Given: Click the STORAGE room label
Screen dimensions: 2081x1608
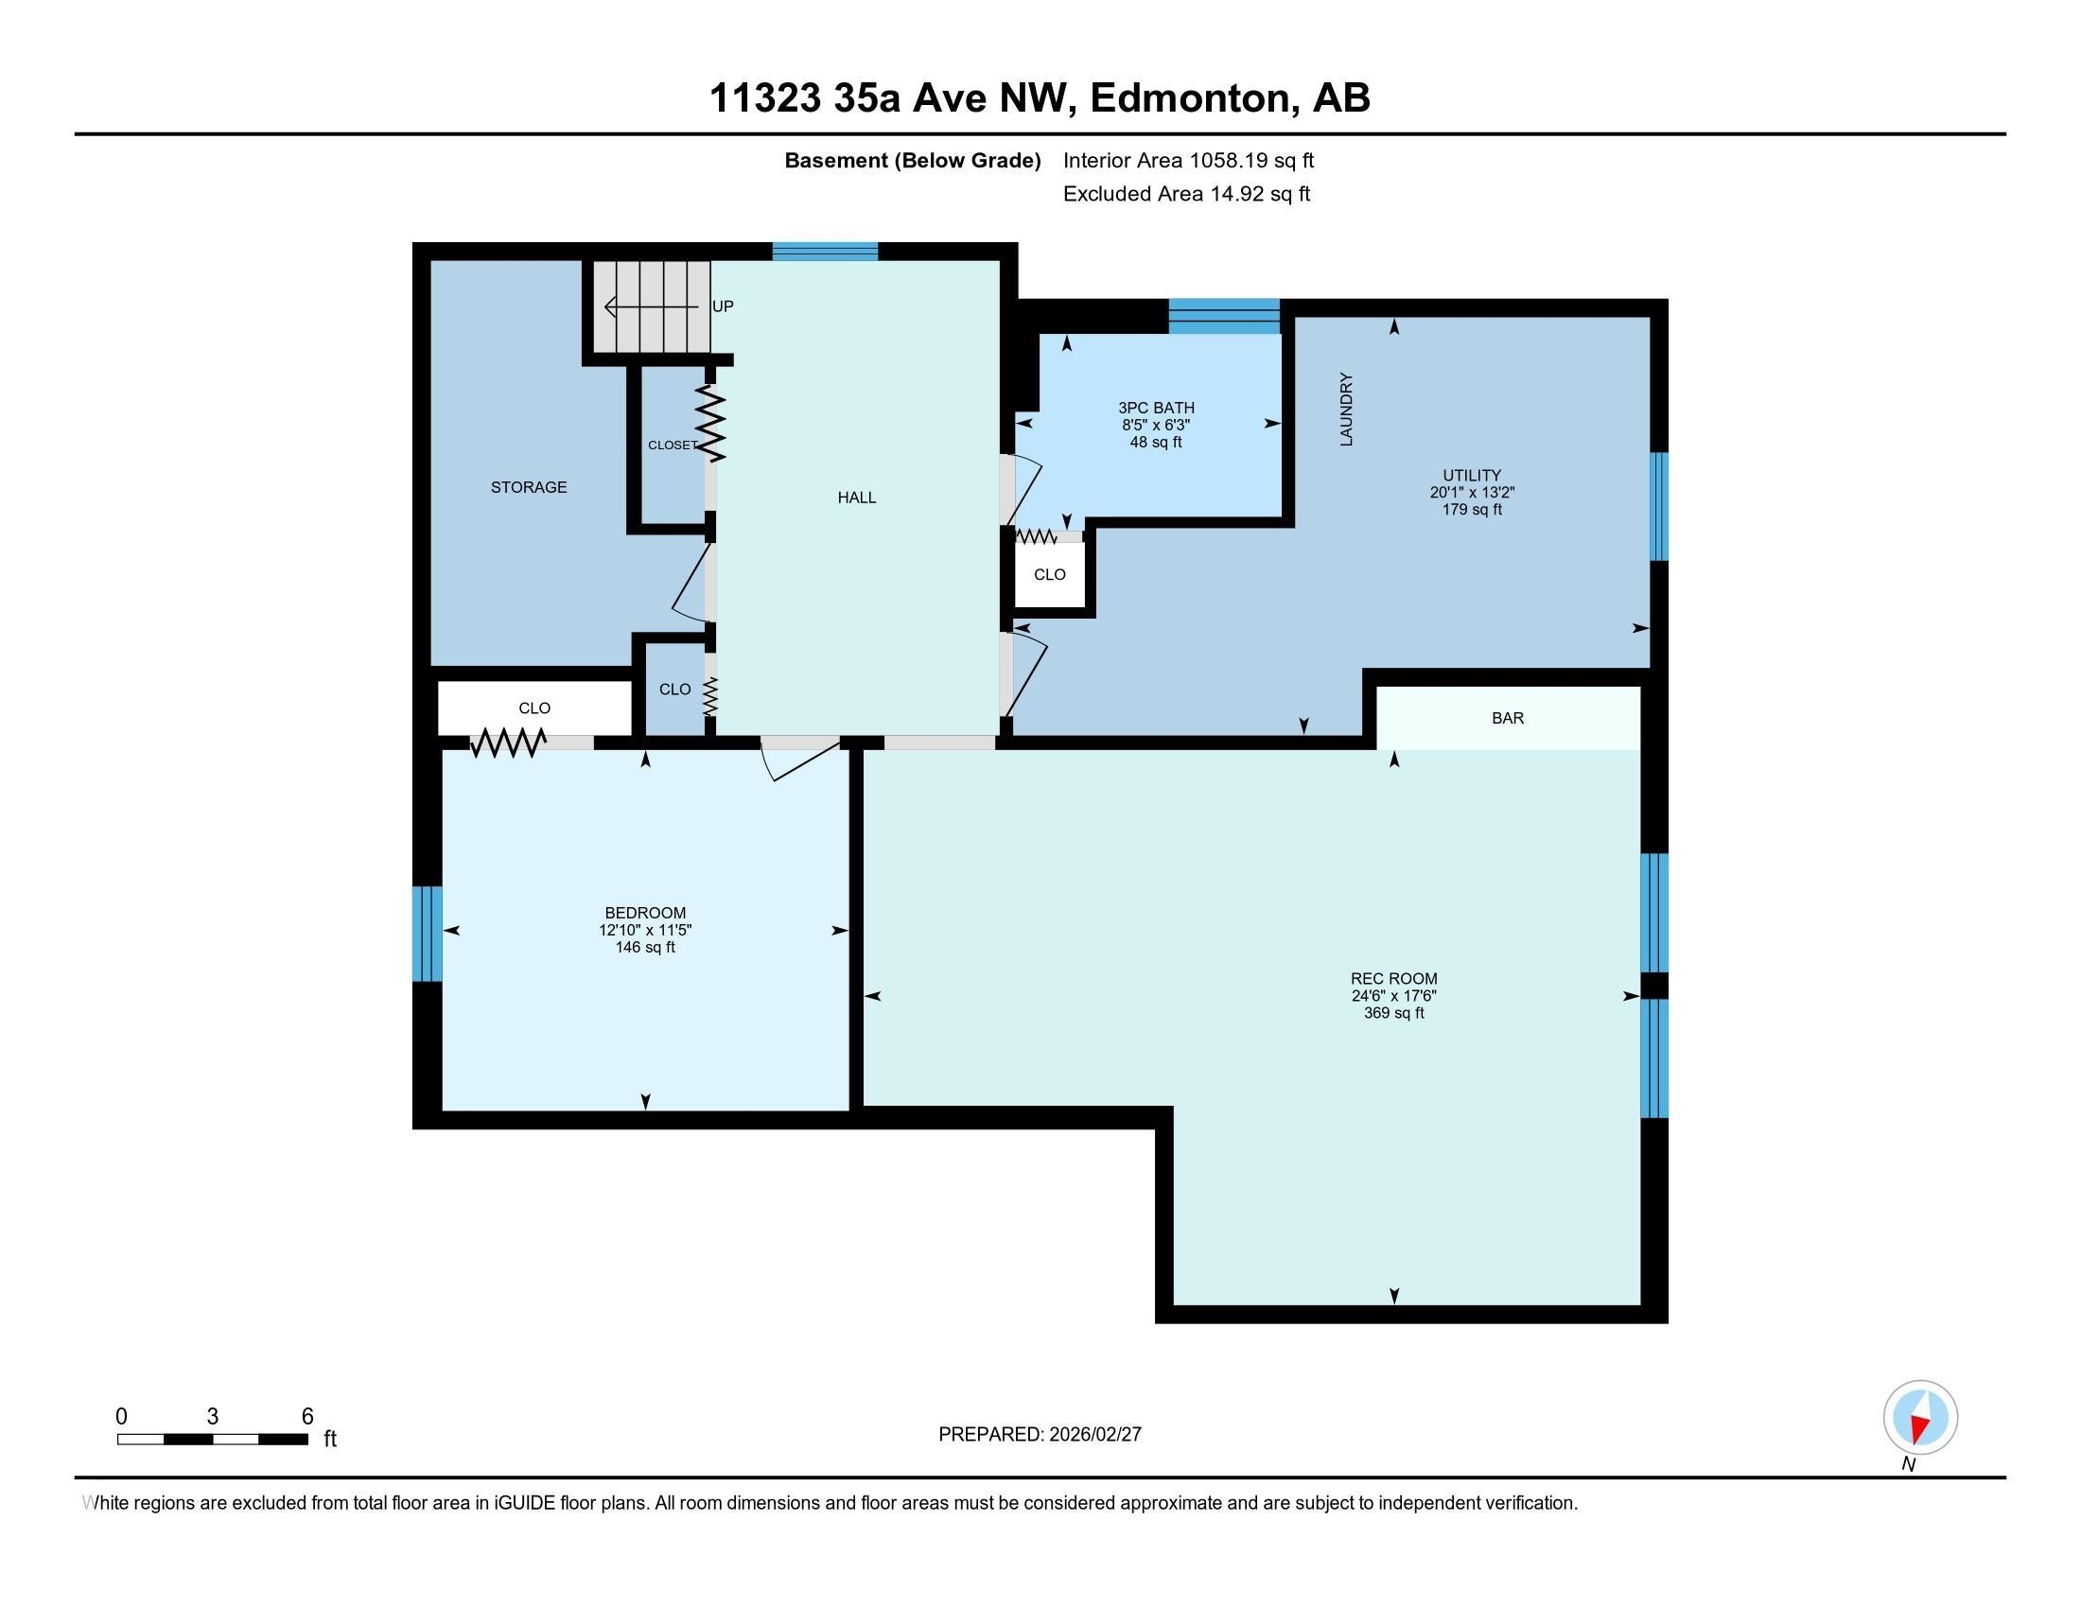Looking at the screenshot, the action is (529, 488).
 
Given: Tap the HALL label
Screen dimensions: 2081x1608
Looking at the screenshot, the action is (857, 498).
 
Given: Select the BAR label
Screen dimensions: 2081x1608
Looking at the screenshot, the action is (1508, 718).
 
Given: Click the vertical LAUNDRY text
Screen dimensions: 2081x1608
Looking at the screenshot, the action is (1346, 409).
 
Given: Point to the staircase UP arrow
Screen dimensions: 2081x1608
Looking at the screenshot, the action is (652, 307).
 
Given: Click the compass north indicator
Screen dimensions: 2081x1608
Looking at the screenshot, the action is (1920, 1418).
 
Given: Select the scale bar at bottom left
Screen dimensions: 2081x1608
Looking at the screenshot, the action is (213, 1439).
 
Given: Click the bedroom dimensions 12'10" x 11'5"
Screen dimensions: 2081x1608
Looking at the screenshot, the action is (645, 931).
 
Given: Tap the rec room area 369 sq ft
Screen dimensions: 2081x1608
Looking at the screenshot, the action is (1394, 1014).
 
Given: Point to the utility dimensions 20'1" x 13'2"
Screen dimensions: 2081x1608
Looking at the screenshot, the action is (1472, 493).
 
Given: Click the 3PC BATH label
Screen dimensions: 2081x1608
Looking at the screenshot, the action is (1156, 408).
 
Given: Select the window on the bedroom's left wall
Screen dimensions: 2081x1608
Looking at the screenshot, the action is (427, 934).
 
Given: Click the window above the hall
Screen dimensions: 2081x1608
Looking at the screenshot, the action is (824, 252).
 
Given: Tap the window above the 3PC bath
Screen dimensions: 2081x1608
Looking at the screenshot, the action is (1224, 316).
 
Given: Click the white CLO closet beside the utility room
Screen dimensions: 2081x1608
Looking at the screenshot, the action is (1049, 574).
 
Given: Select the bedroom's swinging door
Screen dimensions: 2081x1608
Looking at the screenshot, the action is (798, 760).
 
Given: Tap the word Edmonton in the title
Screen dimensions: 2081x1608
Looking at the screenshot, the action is (1189, 98).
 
